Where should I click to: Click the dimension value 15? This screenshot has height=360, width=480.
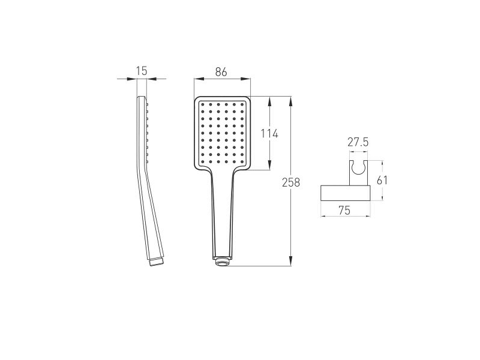[142, 71]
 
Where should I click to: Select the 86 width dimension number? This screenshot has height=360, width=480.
[221, 72]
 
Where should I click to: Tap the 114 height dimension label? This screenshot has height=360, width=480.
[269, 134]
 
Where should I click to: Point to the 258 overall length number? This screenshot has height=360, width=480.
[291, 182]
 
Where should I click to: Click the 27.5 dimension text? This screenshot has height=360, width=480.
[358, 142]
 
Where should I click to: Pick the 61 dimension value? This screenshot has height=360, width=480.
[382, 181]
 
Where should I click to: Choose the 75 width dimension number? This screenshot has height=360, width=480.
[344, 211]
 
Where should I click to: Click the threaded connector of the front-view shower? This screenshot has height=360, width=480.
[222, 262]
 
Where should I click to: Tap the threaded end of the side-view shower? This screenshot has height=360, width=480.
[157, 262]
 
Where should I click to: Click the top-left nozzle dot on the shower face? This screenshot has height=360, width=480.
[203, 104]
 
